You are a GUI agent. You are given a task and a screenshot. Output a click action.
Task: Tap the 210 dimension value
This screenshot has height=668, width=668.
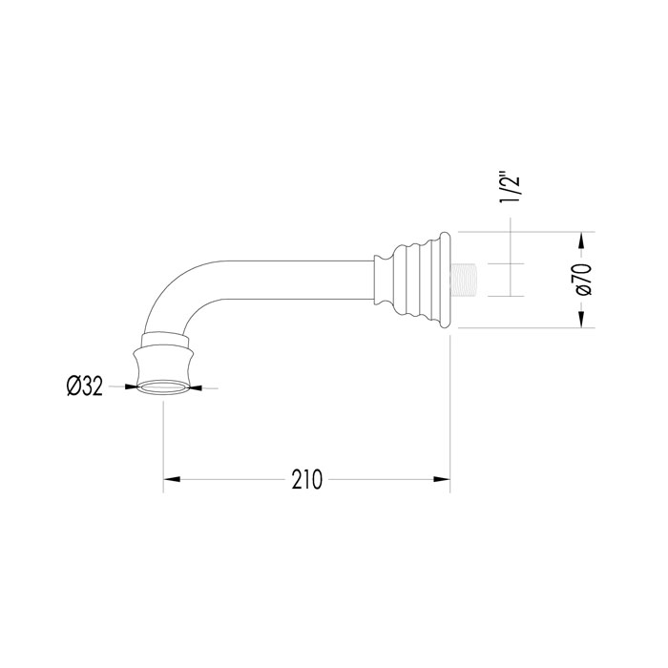click(x=306, y=480)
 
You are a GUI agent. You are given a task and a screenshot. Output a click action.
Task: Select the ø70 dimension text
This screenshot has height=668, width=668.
click(x=583, y=280)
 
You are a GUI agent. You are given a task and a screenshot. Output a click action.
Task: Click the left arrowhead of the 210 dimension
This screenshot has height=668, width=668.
click(x=172, y=479)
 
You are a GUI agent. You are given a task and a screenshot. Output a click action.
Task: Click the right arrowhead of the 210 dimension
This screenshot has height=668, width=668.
click(x=442, y=479)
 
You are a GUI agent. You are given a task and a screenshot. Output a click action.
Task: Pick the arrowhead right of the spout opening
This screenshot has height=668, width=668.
click(x=196, y=387)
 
